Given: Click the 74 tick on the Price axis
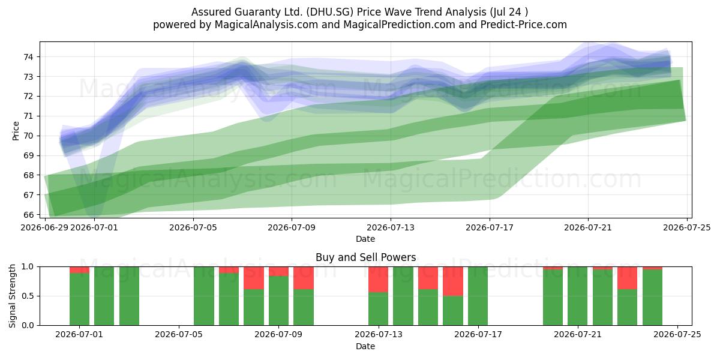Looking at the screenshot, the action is pyautogui.click(x=28, y=57).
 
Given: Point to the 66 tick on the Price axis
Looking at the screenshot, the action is pyautogui.click(x=28, y=215).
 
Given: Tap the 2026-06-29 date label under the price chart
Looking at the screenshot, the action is pyautogui.click(x=44, y=227).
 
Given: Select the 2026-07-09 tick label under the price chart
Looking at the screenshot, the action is pyautogui.click(x=292, y=227).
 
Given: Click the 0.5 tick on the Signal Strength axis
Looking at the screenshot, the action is pyautogui.click(x=28, y=296).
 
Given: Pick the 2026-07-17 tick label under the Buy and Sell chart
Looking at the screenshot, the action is pyautogui.click(x=478, y=335).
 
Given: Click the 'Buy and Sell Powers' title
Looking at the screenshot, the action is pyautogui.click(x=366, y=257).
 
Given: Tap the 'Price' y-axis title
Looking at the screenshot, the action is pyautogui.click(x=16, y=131).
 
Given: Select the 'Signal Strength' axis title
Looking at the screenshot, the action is pyautogui.click(x=12, y=296).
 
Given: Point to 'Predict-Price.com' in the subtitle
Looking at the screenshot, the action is pyautogui.click(x=524, y=25).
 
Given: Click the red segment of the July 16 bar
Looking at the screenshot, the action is pyautogui.click(x=453, y=281).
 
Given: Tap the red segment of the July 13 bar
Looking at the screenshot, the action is pyautogui.click(x=379, y=280).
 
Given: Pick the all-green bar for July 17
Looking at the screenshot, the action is pyautogui.click(x=478, y=296).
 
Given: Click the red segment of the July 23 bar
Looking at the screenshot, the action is pyautogui.click(x=627, y=278).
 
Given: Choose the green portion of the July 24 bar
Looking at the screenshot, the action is pyautogui.click(x=653, y=298).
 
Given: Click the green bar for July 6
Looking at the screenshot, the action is pyautogui.click(x=204, y=296).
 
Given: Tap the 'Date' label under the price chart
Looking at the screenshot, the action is pyautogui.click(x=365, y=239).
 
